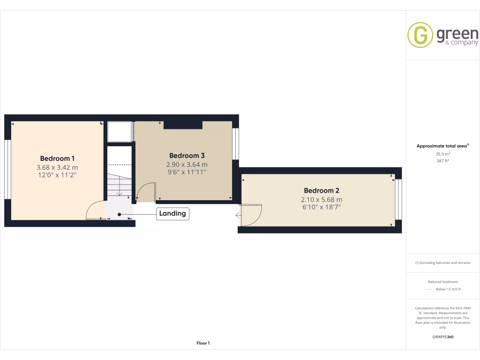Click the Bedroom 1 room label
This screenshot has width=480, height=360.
click(57, 158)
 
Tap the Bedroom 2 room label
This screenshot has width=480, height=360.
click(321, 190)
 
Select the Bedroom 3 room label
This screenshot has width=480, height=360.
click(187, 156)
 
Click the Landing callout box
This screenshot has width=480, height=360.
click(173, 214)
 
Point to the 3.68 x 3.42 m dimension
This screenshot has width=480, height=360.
click(57, 167)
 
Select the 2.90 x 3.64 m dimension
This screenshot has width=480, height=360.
click(187, 165)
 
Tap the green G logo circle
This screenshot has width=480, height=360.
click(420, 35)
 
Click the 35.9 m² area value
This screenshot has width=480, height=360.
click(442, 154)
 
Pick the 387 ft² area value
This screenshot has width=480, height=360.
click(442, 161)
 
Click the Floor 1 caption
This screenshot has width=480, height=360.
click(203, 344)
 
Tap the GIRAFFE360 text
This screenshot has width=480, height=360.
click(442, 337)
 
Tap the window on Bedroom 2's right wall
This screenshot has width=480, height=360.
click(398, 199)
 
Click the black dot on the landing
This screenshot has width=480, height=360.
click(120, 214)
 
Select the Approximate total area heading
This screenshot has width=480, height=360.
click(442, 146)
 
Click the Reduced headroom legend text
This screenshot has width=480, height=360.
click(442, 282)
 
